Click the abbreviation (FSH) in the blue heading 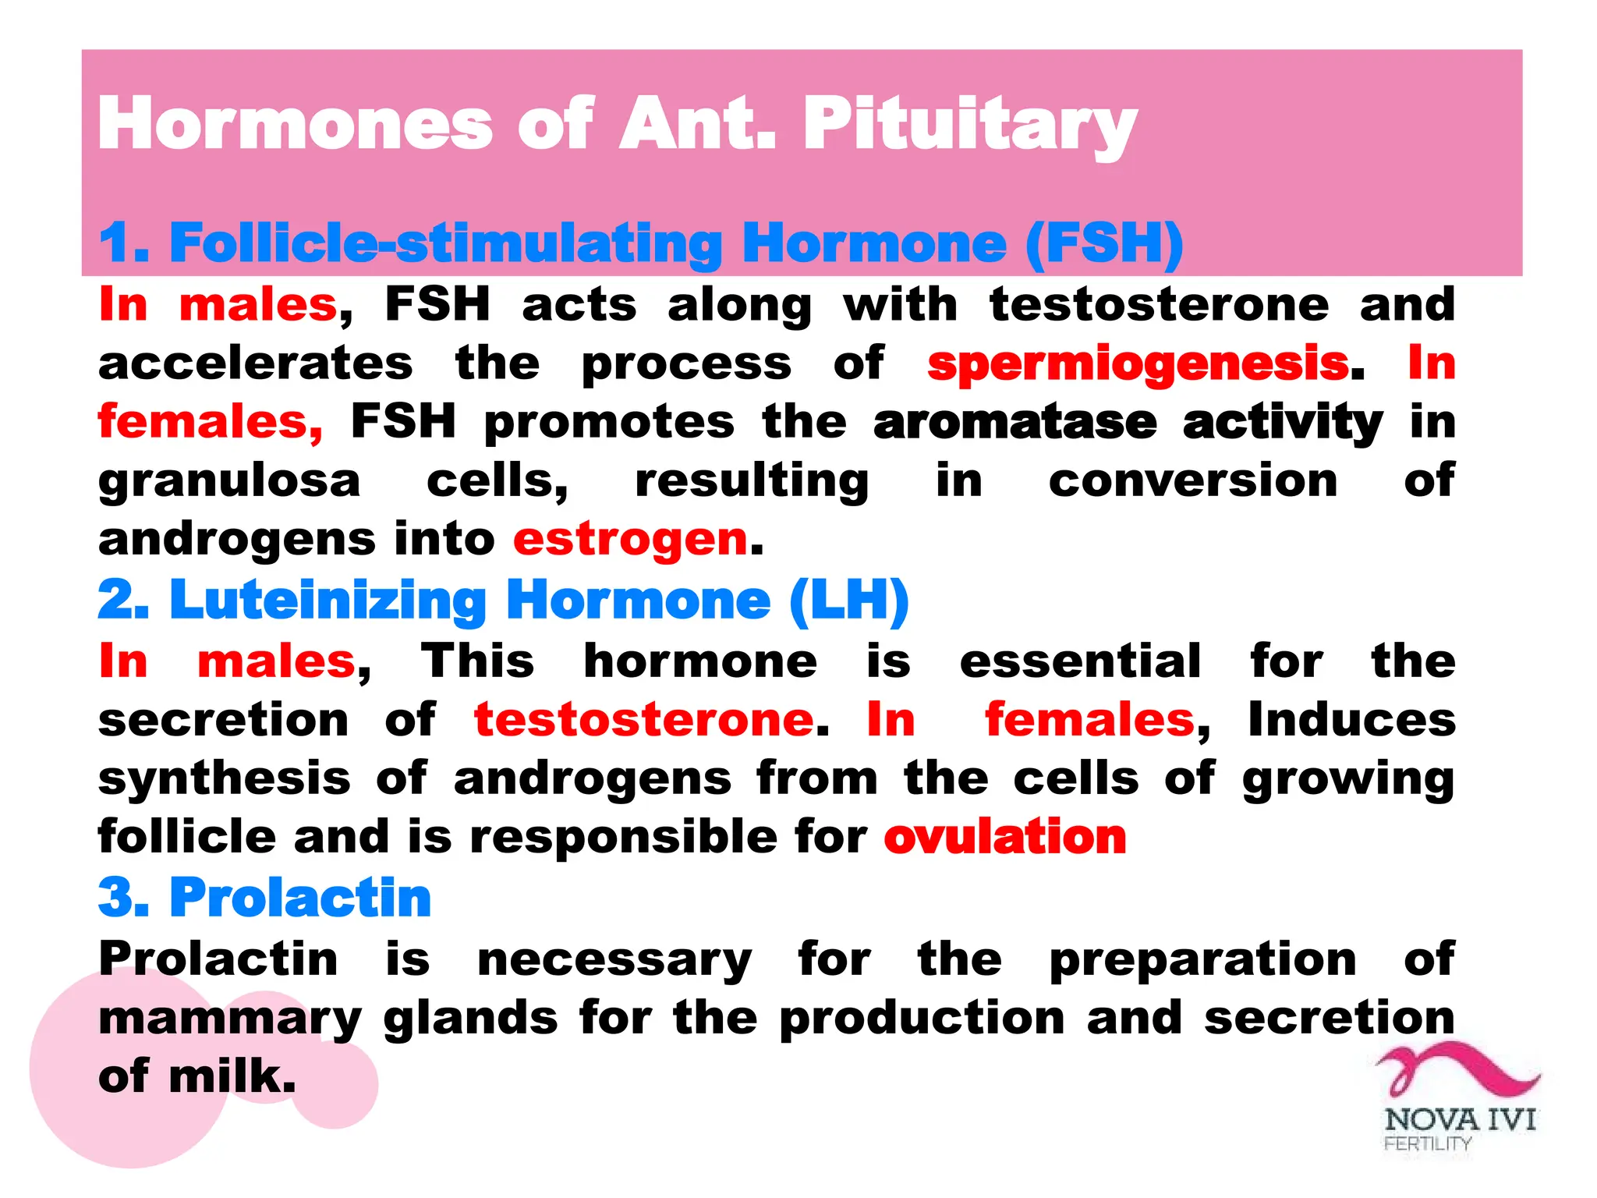pyautogui.click(x=1104, y=243)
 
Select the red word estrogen pyautogui.click(x=630, y=541)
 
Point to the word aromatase pyautogui.click(x=1015, y=423)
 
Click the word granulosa pyautogui.click(x=229, y=482)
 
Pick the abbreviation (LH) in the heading pyautogui.click(x=848, y=601)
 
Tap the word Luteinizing pyautogui.click(x=328, y=601)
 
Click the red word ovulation pyautogui.click(x=1004, y=838)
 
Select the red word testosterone pyautogui.click(x=644, y=719)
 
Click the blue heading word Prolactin pyautogui.click(x=300, y=898)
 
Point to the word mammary pyautogui.click(x=229, y=1019)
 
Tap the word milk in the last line pyautogui.click(x=232, y=1077)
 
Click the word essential pyautogui.click(x=1080, y=661)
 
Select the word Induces pyautogui.click(x=1351, y=719)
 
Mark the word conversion pyautogui.click(x=1192, y=481)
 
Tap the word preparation pyautogui.click(x=1202, y=959)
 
